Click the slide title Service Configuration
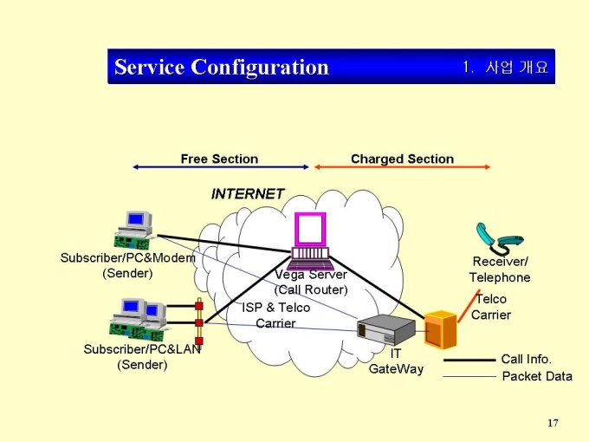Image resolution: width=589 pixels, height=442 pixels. (222, 67)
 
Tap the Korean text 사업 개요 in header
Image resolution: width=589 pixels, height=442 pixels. (517, 67)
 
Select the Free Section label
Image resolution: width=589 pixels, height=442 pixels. (219, 159)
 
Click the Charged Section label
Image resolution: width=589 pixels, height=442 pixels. (402, 159)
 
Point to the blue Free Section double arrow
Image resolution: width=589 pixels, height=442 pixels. (221, 167)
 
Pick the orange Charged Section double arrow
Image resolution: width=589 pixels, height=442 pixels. (402, 167)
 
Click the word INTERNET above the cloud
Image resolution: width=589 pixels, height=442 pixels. (248, 194)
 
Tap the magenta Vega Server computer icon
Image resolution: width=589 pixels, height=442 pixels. (310, 240)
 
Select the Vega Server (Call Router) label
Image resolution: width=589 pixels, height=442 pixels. (311, 282)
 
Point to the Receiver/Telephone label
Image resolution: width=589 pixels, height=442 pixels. (500, 270)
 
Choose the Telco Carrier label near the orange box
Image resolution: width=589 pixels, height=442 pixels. (491, 307)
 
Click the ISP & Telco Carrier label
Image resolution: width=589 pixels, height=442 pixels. (275, 315)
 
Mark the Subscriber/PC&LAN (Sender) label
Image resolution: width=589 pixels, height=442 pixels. (142, 356)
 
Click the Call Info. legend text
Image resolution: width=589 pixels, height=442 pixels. (526, 359)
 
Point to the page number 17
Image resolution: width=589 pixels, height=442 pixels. (553, 423)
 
